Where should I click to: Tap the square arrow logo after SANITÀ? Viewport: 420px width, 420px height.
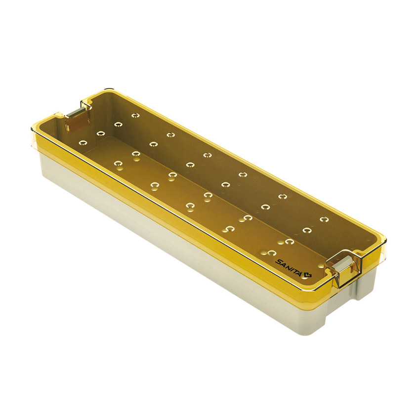308,275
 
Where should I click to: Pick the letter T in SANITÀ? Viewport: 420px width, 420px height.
296,271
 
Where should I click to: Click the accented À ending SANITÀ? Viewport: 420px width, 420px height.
301,273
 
